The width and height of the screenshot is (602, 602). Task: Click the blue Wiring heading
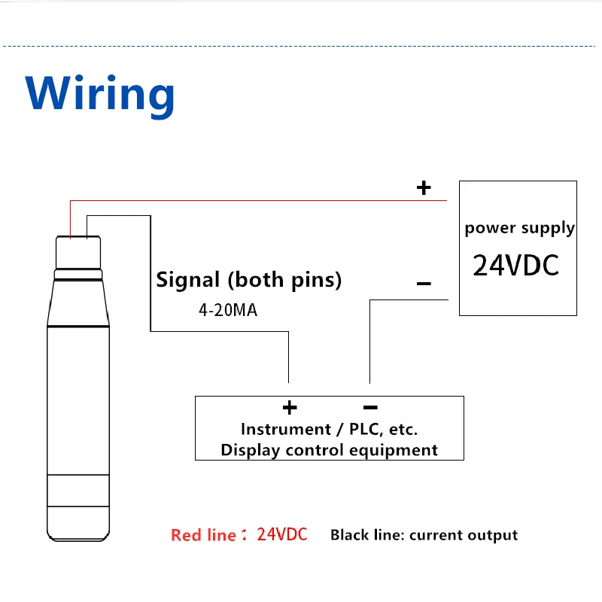tap(100, 94)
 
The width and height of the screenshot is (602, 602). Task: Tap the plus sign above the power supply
tap(424, 187)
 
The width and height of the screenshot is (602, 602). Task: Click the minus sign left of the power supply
tap(424, 284)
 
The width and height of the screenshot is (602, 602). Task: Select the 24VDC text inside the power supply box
tap(516, 266)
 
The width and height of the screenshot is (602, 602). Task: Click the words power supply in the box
tap(519, 228)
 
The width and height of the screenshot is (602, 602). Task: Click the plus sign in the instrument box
tap(290, 408)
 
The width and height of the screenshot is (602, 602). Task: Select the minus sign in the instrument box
tap(369, 408)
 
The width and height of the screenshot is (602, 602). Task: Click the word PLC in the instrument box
tap(357, 430)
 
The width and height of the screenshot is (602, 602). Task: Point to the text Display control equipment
tap(329, 450)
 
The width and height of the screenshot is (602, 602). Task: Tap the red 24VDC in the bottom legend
tap(282, 535)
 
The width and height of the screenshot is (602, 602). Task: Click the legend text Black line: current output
tap(424, 535)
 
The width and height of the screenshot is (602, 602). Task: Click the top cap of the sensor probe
tap(78, 252)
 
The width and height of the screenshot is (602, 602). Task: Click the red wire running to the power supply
tap(256, 201)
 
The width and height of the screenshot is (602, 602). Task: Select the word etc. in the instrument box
tap(401, 430)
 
